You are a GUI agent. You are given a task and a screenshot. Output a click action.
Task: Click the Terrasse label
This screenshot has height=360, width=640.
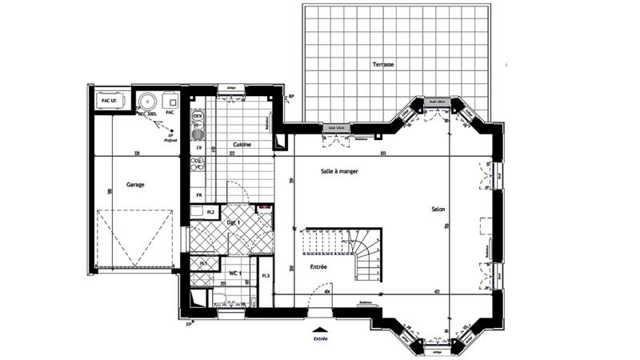click(383, 64)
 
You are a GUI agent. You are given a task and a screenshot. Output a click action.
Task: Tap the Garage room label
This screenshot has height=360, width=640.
click(135, 183)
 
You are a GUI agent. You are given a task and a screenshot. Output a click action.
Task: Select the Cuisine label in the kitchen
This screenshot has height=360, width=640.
click(242, 145)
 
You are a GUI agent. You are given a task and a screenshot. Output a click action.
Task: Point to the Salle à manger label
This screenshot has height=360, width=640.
click(339, 171)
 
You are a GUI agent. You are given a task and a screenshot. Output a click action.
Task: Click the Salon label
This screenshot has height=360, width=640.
click(437, 210)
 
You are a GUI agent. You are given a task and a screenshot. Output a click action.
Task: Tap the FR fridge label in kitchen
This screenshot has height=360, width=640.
click(198, 195)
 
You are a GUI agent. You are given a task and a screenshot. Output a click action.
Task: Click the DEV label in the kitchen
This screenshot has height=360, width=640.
click(198, 117)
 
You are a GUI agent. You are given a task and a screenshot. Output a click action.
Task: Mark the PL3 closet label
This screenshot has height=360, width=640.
click(265, 276)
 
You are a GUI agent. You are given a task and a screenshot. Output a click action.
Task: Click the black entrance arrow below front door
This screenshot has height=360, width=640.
click(320, 329)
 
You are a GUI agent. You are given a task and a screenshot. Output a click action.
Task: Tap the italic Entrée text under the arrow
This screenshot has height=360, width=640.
click(320, 339)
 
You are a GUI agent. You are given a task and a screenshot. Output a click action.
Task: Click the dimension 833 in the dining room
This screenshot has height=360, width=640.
click(383, 152)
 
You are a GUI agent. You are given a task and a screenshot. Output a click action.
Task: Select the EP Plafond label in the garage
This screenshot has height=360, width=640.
click(170, 138)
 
